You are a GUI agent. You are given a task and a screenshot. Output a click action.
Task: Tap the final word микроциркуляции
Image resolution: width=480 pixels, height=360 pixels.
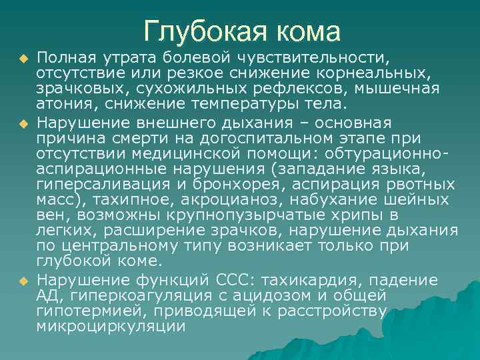tap(111, 326)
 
